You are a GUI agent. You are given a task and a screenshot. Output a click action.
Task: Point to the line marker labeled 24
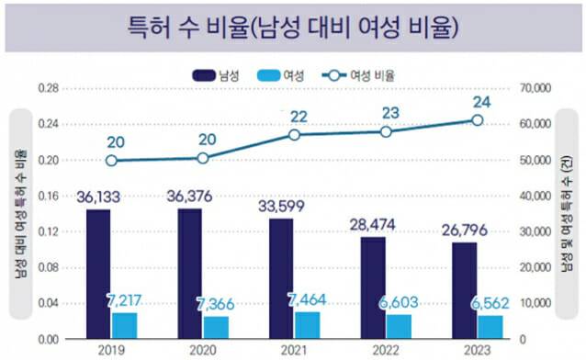(x=478, y=120)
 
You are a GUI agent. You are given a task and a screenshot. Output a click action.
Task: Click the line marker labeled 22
(x=294, y=135)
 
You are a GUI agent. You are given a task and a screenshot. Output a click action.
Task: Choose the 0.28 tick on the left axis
(x=48, y=88)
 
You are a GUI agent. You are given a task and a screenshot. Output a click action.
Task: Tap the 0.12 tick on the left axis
(x=48, y=231)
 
